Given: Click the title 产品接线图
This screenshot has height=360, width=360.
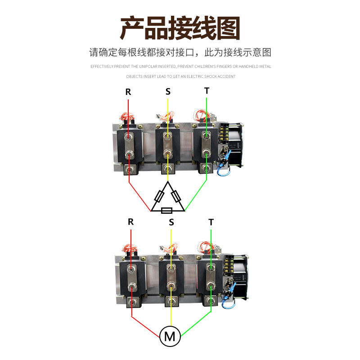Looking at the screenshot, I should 180,28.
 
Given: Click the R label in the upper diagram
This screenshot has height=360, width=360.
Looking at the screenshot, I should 128,92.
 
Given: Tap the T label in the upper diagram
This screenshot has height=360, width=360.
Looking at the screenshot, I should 207,90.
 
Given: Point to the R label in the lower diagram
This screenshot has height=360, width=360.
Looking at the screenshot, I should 131,221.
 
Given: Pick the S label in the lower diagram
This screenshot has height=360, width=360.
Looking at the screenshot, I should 171,222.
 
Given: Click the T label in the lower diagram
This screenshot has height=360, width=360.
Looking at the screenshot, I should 211,222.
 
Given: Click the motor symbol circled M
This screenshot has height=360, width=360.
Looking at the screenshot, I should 170,336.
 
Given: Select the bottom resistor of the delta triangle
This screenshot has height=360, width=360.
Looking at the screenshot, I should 167,210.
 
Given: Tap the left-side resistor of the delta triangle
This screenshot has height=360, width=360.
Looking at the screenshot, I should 159,196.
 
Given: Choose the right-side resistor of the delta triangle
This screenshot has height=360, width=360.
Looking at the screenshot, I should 176,196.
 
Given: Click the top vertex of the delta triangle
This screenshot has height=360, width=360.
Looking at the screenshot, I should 167,183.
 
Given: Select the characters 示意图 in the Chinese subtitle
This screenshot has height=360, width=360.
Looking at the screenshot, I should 261,52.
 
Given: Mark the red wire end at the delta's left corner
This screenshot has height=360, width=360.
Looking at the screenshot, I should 150,210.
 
